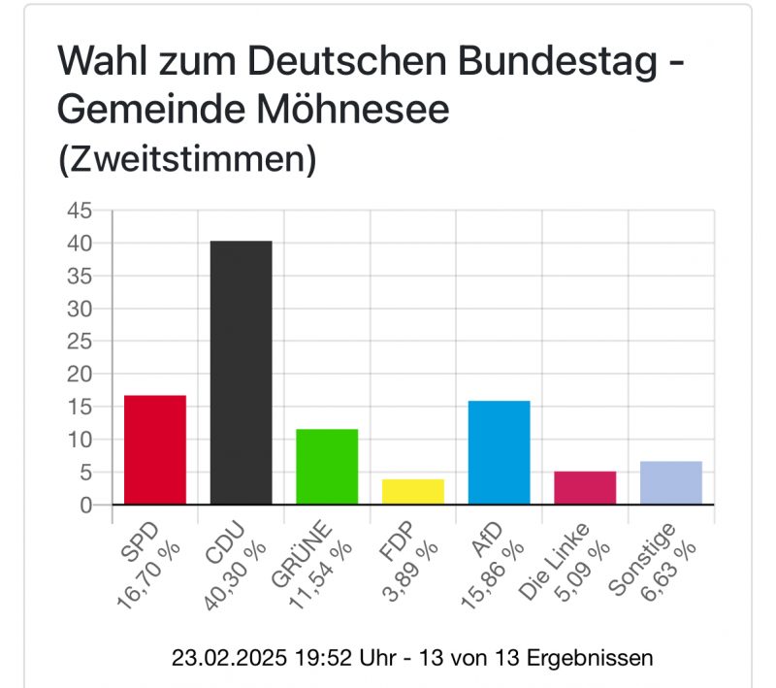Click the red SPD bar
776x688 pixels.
pyautogui.click(x=154, y=450)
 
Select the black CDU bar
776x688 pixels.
pyautogui.click(x=241, y=373)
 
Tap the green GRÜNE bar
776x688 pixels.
pyautogui.click(x=327, y=467)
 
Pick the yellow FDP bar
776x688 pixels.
pyautogui.click(x=413, y=492)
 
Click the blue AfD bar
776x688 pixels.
pyautogui.click(x=499, y=453)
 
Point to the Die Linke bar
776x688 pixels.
pyautogui.click(x=585, y=488)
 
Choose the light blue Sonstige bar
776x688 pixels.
pyautogui.click(x=671, y=483)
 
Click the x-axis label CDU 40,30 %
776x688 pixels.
pyautogui.click(x=233, y=563)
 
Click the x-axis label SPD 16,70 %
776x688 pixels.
pyautogui.click(x=145, y=563)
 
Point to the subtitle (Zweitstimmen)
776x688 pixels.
pyautogui.click(x=187, y=159)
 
